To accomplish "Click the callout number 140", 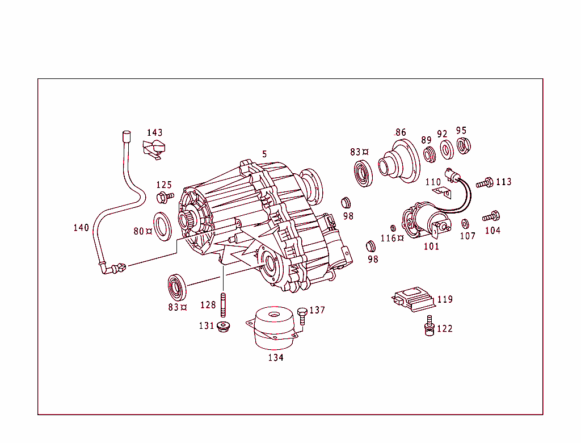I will tap(81, 228).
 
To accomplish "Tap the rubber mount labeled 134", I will tap(275, 329).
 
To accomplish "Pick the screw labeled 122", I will tap(428, 326).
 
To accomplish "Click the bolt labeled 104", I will tap(490, 216).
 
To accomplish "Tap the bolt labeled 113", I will tap(485, 183).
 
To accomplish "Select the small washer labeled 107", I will tap(466, 223).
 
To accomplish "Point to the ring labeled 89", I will tap(430, 154).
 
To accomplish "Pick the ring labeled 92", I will tap(446, 149).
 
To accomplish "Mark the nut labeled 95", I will tap(463, 145).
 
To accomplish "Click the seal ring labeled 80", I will tap(163, 225).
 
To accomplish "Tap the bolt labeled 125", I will tap(164, 197).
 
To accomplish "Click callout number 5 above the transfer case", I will tap(264, 154).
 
